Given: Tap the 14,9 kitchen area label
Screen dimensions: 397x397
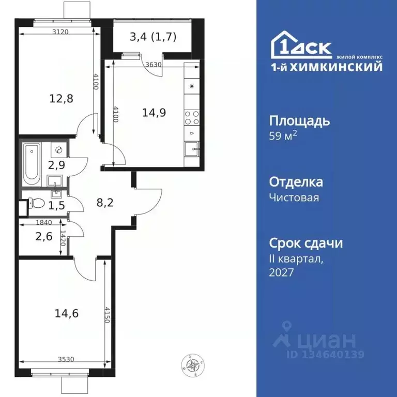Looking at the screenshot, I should coord(154,113).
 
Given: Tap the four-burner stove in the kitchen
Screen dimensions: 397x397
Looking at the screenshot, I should coord(191,118).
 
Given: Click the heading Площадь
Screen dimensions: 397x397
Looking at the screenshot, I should coord(299,121).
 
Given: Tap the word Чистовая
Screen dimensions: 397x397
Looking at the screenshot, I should coord(294,197).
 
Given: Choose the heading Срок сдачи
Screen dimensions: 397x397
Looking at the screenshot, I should coord(307,243).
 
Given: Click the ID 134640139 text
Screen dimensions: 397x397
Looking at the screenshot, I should coord(326,355).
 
